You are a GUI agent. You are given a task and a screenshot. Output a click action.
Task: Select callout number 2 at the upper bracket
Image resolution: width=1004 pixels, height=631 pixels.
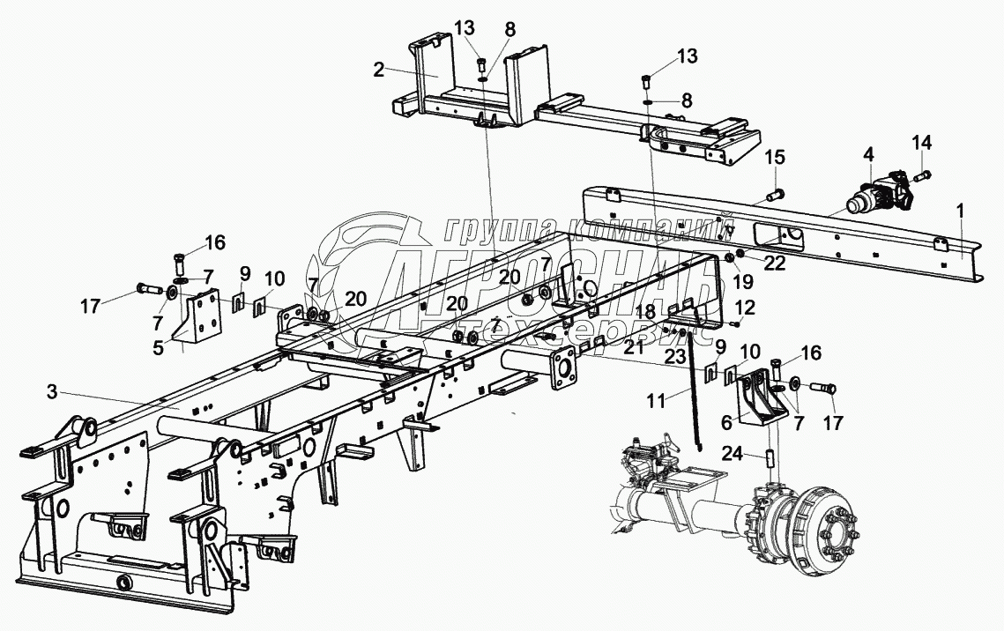tap(378, 71)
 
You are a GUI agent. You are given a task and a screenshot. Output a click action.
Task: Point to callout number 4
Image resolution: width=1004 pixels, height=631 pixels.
tap(868, 154)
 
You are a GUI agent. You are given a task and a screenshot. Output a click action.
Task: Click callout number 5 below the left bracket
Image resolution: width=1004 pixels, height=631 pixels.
tap(159, 347)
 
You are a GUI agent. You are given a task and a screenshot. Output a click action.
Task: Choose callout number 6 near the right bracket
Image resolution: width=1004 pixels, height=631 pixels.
tap(727, 423)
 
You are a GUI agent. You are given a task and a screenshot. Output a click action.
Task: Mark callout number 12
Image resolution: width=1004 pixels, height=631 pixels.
tap(746, 308)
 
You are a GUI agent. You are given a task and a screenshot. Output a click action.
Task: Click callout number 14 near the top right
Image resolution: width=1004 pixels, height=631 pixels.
tap(920, 143)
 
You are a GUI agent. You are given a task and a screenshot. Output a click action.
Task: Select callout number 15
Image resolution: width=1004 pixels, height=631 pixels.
tap(774, 157)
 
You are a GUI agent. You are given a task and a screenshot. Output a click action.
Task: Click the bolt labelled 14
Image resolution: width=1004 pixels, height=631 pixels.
tap(922, 176)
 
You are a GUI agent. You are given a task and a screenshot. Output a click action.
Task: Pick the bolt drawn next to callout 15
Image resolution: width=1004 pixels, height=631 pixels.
tap(775, 191)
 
